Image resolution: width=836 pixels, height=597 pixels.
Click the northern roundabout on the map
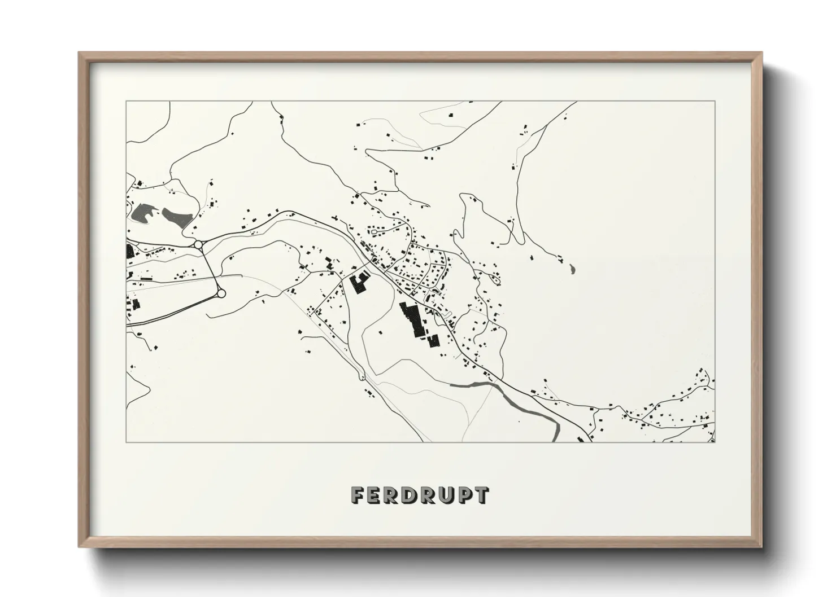point(198,244)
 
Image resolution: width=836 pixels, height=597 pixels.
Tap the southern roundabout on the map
point(221,293)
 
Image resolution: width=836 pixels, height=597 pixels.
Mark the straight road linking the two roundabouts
point(210,269)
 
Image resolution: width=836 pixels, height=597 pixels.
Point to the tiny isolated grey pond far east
point(573,270)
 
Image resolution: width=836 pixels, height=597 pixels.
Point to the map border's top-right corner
point(715,102)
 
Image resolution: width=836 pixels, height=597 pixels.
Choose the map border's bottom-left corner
point(127,442)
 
